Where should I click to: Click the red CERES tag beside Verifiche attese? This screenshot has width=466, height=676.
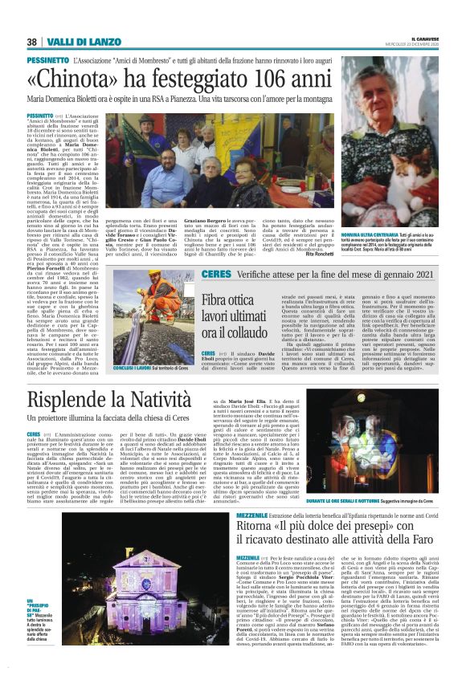(x=215, y=274)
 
